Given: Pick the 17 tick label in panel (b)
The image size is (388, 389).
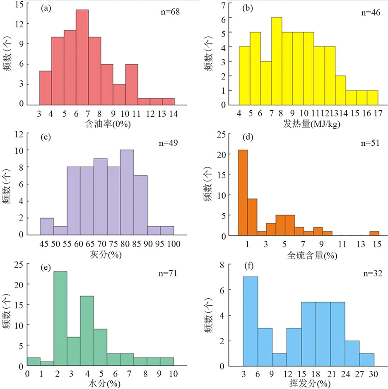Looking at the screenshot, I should point(378,113).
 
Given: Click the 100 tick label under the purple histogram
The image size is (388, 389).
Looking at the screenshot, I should point(174,244).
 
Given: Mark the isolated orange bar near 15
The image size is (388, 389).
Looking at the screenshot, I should point(374,234).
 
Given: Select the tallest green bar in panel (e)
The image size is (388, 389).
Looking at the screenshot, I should point(60,319).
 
